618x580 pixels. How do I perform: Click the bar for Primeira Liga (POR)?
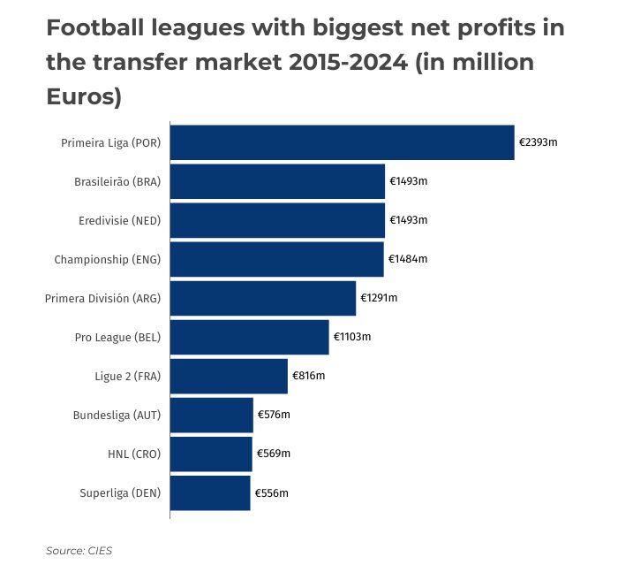(x=342, y=142)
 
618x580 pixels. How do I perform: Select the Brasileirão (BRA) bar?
(x=277, y=181)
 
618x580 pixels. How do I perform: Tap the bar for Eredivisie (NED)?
(x=277, y=220)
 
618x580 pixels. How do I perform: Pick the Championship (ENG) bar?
(x=276, y=259)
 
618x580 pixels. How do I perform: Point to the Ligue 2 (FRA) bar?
(x=229, y=376)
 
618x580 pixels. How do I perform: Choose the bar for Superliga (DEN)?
(x=210, y=492)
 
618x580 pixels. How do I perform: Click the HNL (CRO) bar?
(x=211, y=454)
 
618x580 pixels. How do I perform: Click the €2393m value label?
(x=538, y=142)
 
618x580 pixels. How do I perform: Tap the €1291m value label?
(x=379, y=298)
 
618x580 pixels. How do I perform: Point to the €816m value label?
(x=309, y=376)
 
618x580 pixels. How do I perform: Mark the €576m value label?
(x=274, y=415)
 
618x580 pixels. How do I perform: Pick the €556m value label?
(x=271, y=492)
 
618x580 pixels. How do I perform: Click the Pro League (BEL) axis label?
(x=117, y=337)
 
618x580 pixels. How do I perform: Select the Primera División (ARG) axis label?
(x=102, y=298)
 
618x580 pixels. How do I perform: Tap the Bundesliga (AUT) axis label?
(x=117, y=415)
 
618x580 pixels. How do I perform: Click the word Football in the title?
(x=97, y=29)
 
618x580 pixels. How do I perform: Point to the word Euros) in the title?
(x=83, y=96)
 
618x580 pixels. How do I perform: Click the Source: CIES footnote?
(x=79, y=551)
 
